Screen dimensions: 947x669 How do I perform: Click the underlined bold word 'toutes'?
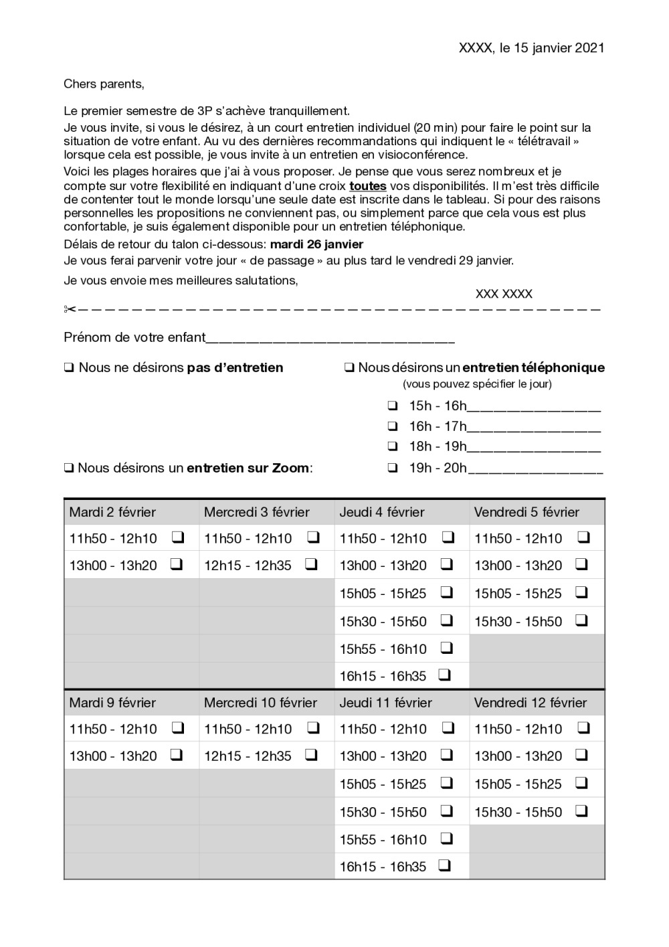[x=368, y=186]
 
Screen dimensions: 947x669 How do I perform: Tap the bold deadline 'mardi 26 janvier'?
[x=316, y=244]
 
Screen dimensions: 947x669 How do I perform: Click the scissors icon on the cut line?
[x=70, y=309]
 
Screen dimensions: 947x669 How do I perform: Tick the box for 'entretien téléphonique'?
[x=349, y=367]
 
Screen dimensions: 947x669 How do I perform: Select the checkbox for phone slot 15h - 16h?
[x=393, y=406]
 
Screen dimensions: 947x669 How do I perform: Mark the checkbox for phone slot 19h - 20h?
[x=393, y=468]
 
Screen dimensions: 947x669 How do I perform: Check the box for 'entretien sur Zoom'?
[x=69, y=468]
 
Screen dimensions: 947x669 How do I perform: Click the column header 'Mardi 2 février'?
[x=112, y=512]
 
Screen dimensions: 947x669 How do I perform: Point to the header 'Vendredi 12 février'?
[x=531, y=703]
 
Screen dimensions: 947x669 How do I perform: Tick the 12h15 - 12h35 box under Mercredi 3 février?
[x=311, y=564]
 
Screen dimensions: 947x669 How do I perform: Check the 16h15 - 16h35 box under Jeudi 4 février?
[x=444, y=675]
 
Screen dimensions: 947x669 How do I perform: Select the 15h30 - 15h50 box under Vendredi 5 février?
[x=581, y=620]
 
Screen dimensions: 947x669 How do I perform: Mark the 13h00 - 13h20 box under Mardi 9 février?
[x=177, y=755]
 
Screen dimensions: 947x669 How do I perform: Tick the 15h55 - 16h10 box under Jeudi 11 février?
[x=447, y=838]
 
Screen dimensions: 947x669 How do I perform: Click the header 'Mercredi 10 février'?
[x=260, y=703]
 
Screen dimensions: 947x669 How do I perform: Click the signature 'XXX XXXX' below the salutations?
[x=504, y=294]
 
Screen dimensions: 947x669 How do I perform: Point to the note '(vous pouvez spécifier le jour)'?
[x=477, y=384]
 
